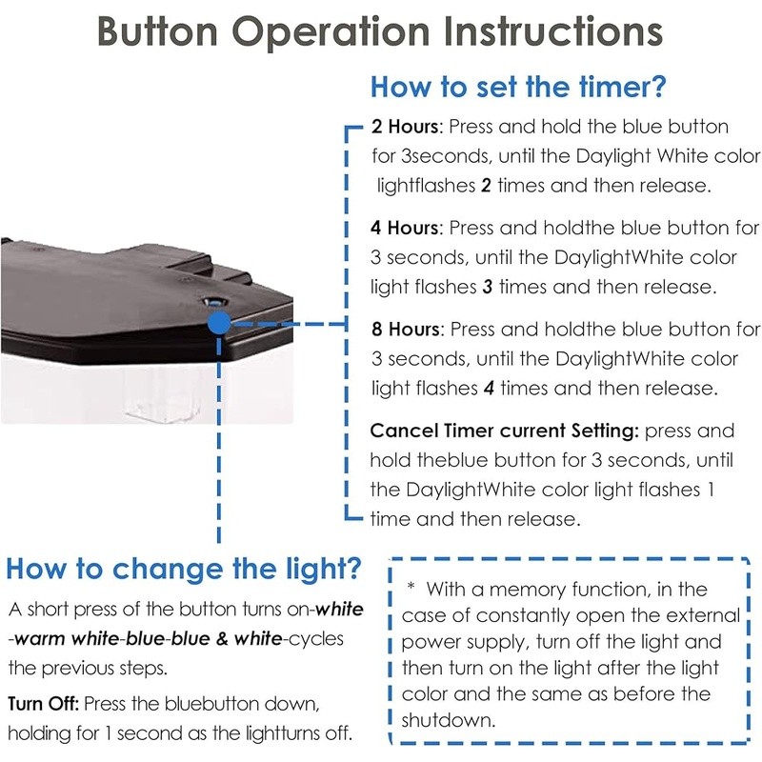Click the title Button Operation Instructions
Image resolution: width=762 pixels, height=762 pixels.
pos(380,31)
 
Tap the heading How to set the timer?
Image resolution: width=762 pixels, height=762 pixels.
pos(518,87)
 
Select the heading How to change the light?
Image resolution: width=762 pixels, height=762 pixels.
pos(184,569)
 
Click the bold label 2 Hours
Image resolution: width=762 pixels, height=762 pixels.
pos(406,127)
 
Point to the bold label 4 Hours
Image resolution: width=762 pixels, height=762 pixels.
pos(405,228)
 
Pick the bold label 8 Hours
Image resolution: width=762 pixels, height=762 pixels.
pos(406,329)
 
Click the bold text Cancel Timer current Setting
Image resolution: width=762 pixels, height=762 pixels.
pos(504,431)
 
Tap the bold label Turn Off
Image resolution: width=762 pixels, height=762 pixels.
pos(43,704)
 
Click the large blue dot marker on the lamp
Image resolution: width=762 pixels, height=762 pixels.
pos(219,323)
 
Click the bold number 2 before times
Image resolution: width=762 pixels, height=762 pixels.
pos(486,186)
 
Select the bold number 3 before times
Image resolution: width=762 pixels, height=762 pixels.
pos(488,287)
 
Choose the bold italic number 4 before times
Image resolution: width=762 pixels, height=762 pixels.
pos(489,389)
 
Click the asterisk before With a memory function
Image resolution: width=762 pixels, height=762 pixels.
pos(411,586)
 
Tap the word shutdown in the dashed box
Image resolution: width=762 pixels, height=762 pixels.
pos(447,720)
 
